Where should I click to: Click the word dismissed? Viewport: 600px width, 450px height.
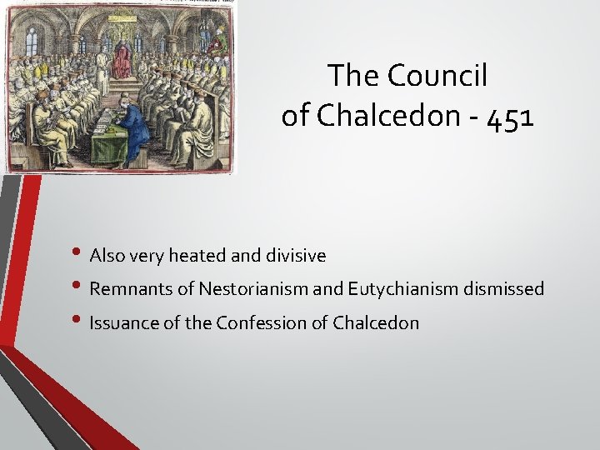pyautogui.click(x=503, y=289)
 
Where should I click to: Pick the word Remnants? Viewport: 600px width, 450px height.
pyautogui.click(x=129, y=289)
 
